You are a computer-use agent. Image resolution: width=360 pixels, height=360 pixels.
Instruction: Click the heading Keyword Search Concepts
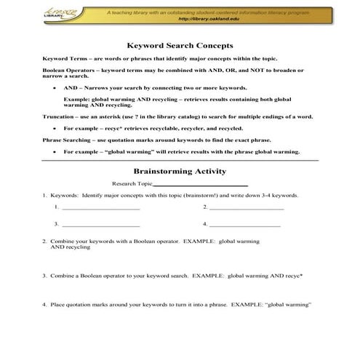[x=180, y=43]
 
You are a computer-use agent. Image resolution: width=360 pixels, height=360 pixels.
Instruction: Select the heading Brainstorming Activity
[x=180, y=172]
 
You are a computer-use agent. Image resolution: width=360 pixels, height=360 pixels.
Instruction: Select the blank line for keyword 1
[x=101, y=209]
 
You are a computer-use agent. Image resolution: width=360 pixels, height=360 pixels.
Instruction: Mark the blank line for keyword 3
[x=101, y=225]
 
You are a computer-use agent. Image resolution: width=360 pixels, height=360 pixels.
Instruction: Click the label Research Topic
[x=132, y=184]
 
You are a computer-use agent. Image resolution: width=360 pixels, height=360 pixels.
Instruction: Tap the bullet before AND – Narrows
[x=55, y=86]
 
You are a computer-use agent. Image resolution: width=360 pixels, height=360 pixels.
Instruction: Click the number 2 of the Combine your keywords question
[x=44, y=239]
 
